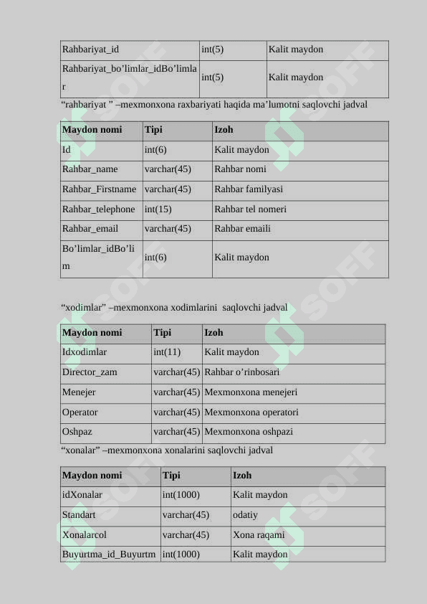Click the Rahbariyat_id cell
point(91,49)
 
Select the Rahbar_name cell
point(90,169)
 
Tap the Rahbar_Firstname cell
point(99,189)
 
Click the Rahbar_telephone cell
point(99,209)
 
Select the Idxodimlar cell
point(85,352)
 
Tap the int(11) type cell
point(167,352)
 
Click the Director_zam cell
point(90,372)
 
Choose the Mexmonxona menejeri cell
point(251,392)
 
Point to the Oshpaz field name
point(77,432)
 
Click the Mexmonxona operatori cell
point(251,412)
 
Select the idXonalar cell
point(82,495)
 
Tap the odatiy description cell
point(246,515)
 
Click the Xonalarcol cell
point(85,535)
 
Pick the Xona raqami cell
point(259,535)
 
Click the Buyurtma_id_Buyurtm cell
point(109,555)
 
